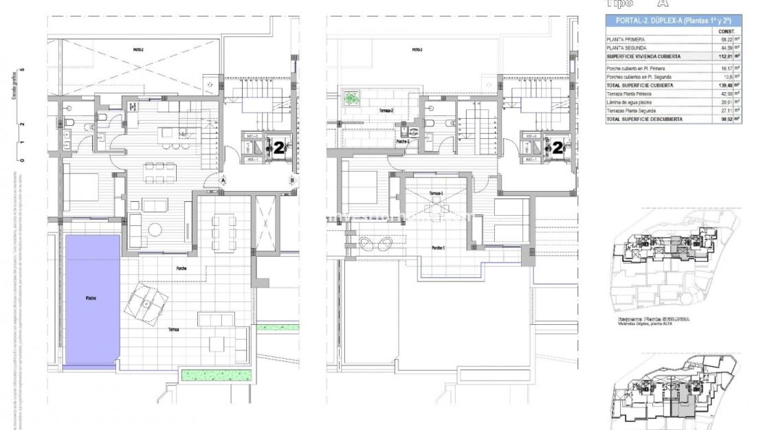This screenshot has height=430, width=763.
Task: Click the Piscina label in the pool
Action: coord(91,298)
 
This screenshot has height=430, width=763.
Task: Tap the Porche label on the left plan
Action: coord(181,269)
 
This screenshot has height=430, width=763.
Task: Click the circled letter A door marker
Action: coord(224,181)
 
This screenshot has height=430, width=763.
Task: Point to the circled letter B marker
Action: coord(293,181)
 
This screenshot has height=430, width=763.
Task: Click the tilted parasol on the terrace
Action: coord(146,304)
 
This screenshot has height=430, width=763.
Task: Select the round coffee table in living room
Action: coord(156,229)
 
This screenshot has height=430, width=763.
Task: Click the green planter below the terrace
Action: coord(215,373)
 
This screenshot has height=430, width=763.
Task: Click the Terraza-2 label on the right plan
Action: coord(367,109)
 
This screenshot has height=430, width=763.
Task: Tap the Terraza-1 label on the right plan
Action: coord(436,194)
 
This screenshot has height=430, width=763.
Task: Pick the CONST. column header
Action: coord(727,32)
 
